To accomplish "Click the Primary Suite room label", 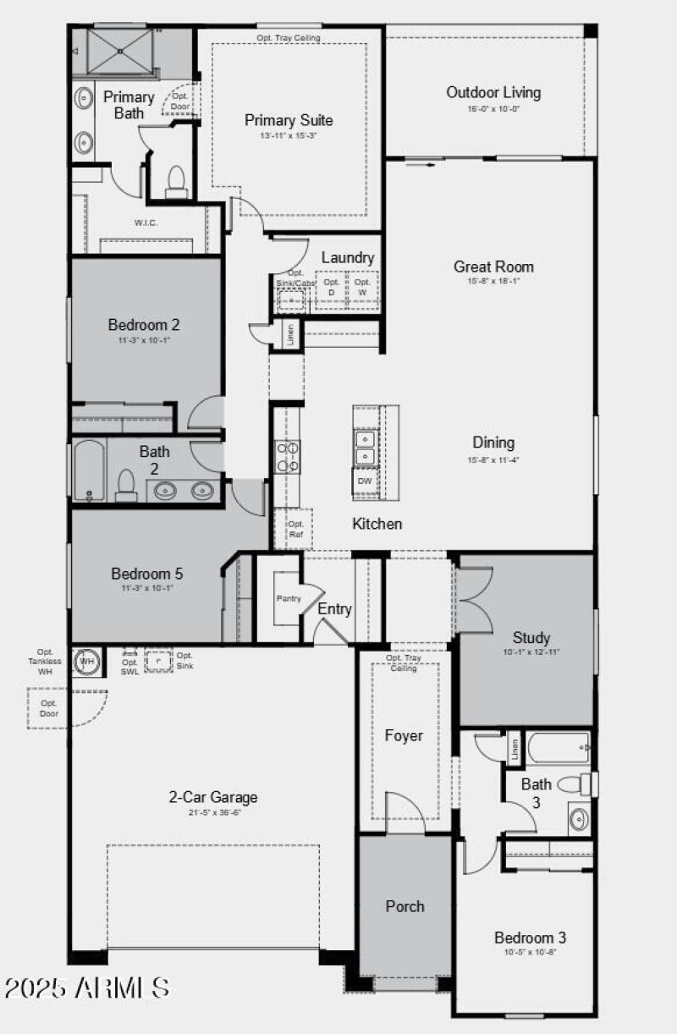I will [x=289, y=120].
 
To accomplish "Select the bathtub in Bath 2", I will [x=88, y=470].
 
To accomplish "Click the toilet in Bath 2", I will [x=126, y=485].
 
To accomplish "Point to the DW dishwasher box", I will [x=365, y=481].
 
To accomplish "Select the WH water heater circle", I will [x=87, y=661].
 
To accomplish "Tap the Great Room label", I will [x=493, y=267].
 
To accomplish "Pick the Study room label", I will [x=531, y=638].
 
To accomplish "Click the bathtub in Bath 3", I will [x=558, y=747].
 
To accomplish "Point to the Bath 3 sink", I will [x=580, y=819].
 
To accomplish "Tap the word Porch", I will [x=405, y=906].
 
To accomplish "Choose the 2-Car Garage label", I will [x=213, y=797].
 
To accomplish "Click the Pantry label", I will [x=289, y=598].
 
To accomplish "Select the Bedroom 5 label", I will [x=146, y=574].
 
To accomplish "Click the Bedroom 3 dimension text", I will [x=530, y=952].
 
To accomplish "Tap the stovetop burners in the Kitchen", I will [x=288, y=456].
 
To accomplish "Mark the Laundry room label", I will [x=348, y=257].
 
